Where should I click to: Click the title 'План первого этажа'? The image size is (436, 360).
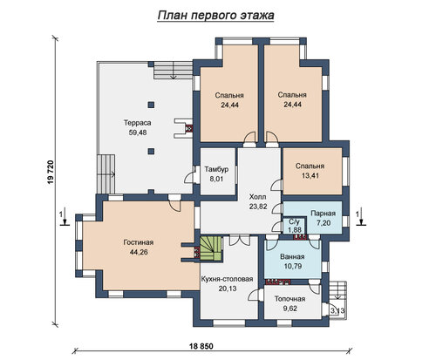tap(215, 16)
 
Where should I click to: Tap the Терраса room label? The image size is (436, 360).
tap(138, 123)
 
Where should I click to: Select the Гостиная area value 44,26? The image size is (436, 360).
tap(139, 252)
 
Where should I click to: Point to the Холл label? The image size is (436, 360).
tap(257, 197)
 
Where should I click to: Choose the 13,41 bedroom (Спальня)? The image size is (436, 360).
tap(312, 171)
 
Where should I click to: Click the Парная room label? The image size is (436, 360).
tap(323, 214)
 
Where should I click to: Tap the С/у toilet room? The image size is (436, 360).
tap(294, 226)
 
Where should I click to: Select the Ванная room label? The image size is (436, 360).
tap(292, 256)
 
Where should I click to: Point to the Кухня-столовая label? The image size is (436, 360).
tap(227, 279)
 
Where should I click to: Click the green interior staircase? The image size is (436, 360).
tap(211, 248)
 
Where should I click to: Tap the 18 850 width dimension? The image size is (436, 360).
tap(201, 346)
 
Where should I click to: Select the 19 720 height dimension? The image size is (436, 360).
tap(51, 172)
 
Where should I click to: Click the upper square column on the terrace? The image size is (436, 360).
tap(151, 105)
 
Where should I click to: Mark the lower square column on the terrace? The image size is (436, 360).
tap(151, 151)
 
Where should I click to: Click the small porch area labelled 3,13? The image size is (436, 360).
tap(337, 311)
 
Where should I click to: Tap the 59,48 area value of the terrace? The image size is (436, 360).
tap(138, 132)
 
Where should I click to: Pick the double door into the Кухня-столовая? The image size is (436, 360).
tap(240, 241)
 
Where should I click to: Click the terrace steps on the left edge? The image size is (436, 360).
tap(106, 174)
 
